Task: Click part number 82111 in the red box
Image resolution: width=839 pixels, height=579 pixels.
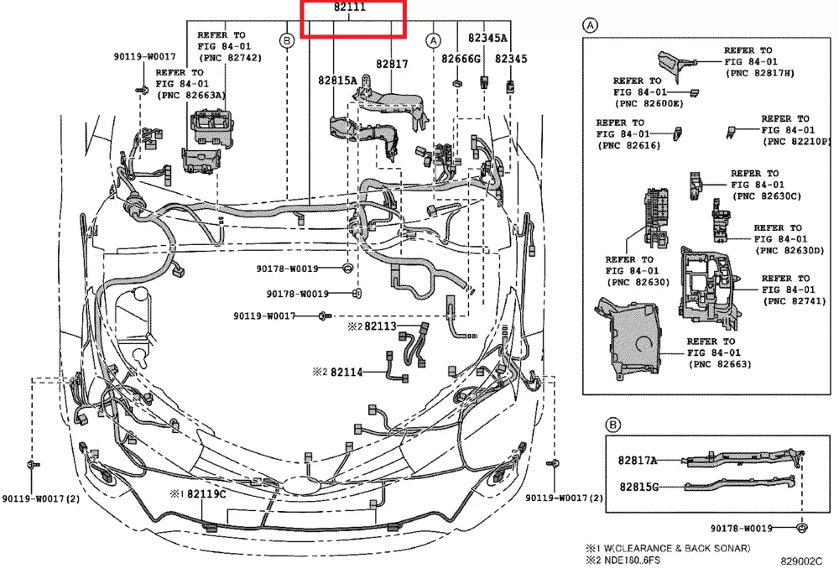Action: [x=353, y=8]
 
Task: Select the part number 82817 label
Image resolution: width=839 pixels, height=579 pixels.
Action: [x=392, y=63]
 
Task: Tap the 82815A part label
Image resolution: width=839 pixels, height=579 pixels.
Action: [x=337, y=80]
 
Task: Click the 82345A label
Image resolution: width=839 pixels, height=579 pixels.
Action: [x=487, y=38]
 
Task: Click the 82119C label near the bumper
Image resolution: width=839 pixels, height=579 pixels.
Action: [x=206, y=494]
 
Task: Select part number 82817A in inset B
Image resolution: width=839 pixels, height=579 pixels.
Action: [x=638, y=461]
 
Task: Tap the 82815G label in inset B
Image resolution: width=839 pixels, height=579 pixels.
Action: [x=639, y=486]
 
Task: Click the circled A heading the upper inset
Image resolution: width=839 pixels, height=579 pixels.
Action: [x=591, y=26]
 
